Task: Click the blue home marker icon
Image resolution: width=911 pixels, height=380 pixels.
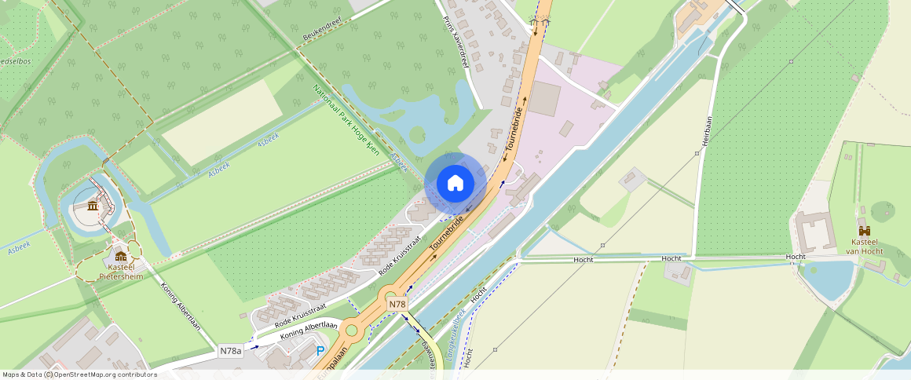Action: [x=455, y=184]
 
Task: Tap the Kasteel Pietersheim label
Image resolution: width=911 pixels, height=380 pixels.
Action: [x=121, y=272]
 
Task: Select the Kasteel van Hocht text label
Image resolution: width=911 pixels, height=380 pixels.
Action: [x=864, y=247]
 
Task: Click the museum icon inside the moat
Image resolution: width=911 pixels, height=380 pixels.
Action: [x=93, y=206]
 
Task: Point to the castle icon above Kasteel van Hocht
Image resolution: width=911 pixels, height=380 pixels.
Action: [x=864, y=231]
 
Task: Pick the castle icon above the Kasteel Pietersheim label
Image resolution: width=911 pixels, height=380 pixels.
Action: [x=121, y=256]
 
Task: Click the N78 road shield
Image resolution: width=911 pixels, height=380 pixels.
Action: [x=397, y=304]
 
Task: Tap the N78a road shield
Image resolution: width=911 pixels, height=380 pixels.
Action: [x=231, y=351]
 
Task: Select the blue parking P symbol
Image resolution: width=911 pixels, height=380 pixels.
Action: [x=320, y=351]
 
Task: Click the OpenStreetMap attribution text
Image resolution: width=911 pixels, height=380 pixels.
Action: [x=79, y=375]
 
